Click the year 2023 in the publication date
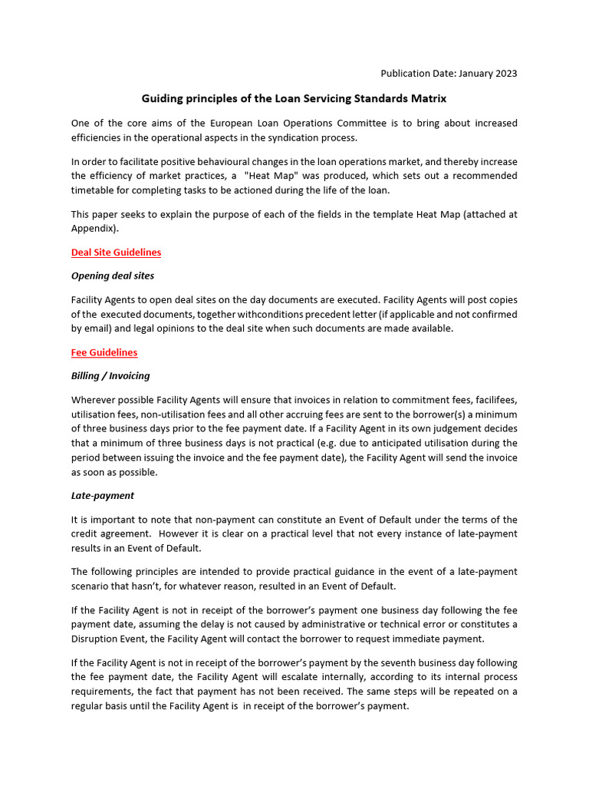504,74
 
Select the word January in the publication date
472,74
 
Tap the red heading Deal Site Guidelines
116,252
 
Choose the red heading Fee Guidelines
104,352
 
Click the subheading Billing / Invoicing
110,376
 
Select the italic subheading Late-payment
103,496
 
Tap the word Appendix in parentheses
94,228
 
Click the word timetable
96,190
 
